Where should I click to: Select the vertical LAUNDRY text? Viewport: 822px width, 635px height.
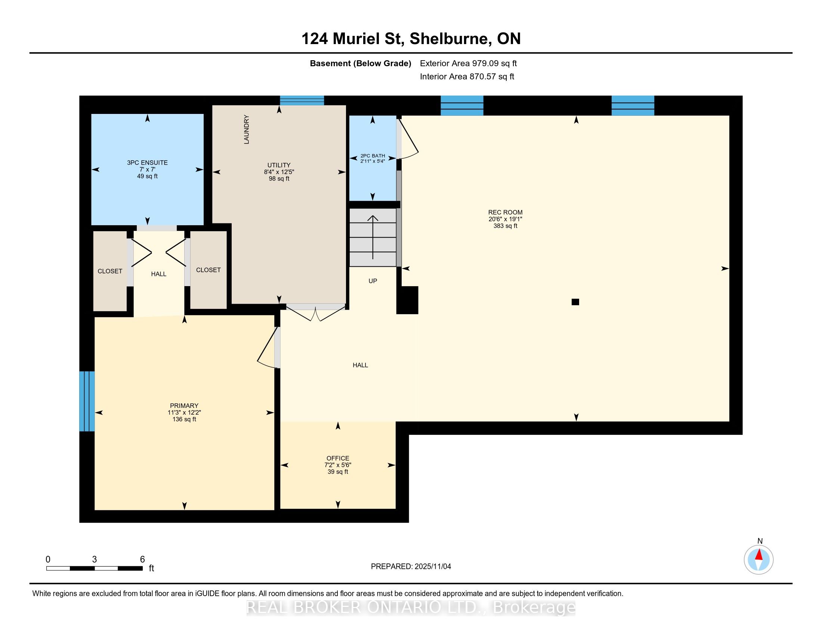coord(247,129)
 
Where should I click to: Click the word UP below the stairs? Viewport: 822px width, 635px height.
coord(373,281)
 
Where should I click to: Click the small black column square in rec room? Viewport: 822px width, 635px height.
coord(575,302)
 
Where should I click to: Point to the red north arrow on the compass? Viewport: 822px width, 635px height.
coord(759,555)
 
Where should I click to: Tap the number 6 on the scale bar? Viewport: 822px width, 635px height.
coord(142,560)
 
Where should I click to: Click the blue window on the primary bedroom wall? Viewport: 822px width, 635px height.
coord(87,402)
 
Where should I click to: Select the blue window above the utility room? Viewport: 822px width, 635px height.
coord(302,100)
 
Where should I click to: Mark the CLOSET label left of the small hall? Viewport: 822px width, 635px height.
coord(110,271)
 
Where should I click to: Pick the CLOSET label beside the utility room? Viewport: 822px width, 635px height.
coord(208,270)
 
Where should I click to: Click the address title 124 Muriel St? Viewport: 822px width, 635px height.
coord(353,39)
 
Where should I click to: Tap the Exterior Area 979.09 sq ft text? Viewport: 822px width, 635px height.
coord(468,63)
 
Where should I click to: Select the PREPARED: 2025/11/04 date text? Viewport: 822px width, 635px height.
coord(411,567)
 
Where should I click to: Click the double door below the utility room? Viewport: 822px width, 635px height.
coord(316,312)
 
